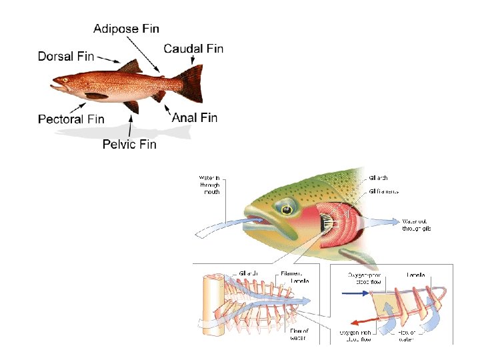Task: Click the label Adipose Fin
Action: [126, 29]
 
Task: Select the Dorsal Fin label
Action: [65, 56]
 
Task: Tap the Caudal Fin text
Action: [193, 48]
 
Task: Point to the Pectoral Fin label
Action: [71, 119]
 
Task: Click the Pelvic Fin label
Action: [129, 143]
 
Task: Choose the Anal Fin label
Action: [195, 118]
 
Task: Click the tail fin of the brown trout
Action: [191, 83]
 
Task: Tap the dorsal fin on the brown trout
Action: [130, 67]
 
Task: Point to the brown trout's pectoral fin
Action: [97, 96]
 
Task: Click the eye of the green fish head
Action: [286, 210]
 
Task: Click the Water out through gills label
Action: [417, 225]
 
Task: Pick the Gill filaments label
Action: [383, 191]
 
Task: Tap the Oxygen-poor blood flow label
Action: [365, 278]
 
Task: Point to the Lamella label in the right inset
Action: [421, 275]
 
